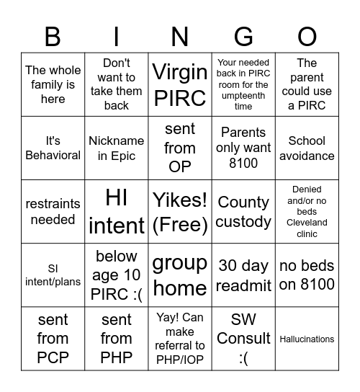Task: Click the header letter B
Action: point(53,36)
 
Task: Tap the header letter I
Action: point(117,36)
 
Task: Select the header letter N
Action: point(180,36)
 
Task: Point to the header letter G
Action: point(243,36)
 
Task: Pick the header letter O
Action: point(307,36)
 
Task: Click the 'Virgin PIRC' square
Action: point(180,84)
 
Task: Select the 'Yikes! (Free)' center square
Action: point(180,212)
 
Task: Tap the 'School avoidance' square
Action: point(307,148)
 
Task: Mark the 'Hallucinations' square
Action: point(307,339)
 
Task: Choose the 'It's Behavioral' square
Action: point(53,148)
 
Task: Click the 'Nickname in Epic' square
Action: point(117,148)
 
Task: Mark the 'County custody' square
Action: point(243,212)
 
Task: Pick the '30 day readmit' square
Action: point(243,275)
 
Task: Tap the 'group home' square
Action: point(180,275)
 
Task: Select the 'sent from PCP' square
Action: point(53,339)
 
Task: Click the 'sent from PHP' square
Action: point(117,339)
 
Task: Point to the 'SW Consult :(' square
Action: point(243,339)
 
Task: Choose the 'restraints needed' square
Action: point(53,212)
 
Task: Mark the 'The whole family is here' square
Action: point(53,84)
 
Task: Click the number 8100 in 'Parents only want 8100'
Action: point(243,164)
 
